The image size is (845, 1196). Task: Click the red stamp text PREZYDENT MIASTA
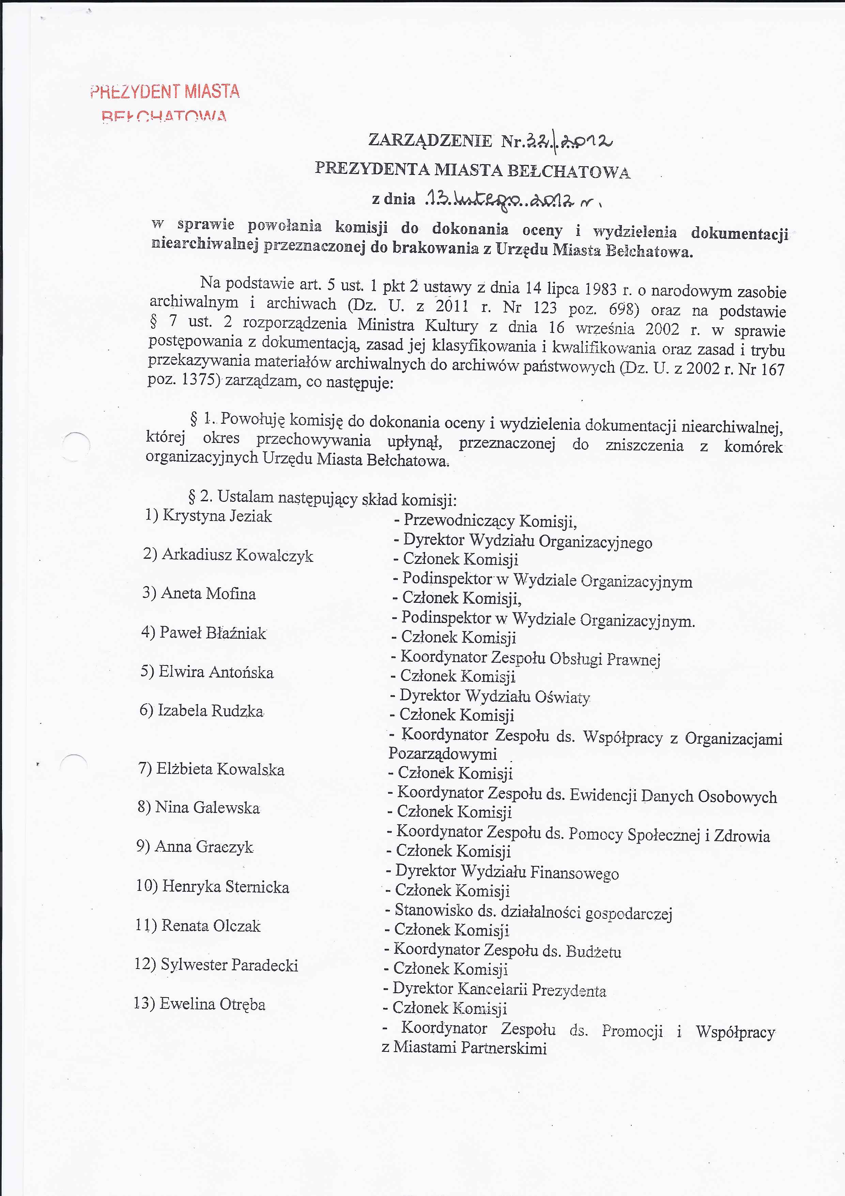[165, 92]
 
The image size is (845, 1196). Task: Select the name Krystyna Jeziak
[217, 516]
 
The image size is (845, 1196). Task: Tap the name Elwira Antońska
[216, 672]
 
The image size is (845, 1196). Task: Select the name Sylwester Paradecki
[229, 965]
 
